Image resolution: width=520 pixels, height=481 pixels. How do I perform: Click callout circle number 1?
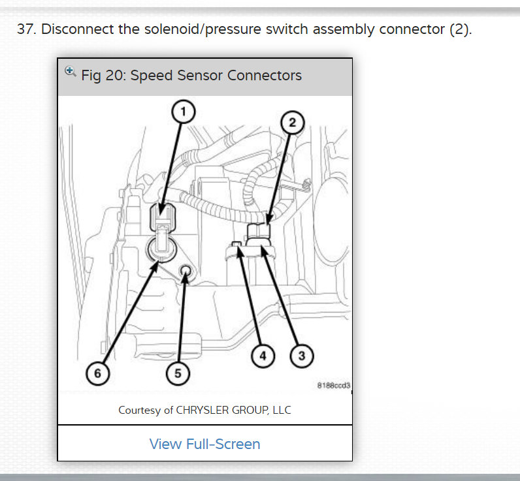point(184,112)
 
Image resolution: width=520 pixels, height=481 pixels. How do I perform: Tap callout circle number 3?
point(301,356)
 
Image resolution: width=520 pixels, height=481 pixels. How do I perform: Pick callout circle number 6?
point(98,373)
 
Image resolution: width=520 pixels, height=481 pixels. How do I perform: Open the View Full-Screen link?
point(204,444)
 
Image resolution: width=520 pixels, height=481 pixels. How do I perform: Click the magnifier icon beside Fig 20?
point(71,72)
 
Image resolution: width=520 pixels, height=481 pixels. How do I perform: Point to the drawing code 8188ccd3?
point(333,385)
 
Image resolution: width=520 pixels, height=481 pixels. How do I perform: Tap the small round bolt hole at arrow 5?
point(185,270)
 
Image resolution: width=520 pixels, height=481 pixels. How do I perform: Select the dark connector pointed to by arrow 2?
point(259,233)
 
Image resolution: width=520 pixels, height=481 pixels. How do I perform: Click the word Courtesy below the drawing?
point(141,410)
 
